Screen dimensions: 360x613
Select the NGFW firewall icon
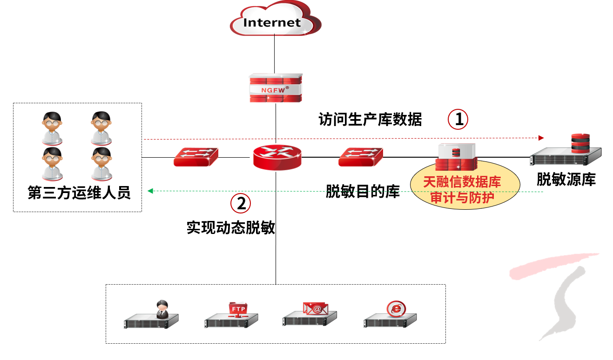point(276,87)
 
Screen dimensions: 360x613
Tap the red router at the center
point(277,157)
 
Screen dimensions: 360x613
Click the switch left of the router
point(196,157)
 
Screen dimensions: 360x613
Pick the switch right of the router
point(361,157)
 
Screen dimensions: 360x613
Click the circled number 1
point(458,120)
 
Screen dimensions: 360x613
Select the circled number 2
point(241,203)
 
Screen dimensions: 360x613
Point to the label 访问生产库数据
point(370,120)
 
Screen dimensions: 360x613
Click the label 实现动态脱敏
point(231,228)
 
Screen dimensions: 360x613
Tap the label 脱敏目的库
point(363,192)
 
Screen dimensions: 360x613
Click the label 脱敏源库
point(566,180)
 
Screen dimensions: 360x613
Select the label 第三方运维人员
point(79,193)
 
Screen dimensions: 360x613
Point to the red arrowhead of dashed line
point(541,138)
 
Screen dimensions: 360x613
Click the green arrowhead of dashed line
point(150,191)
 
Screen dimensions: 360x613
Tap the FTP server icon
point(232,315)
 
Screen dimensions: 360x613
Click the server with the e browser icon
point(390,315)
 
